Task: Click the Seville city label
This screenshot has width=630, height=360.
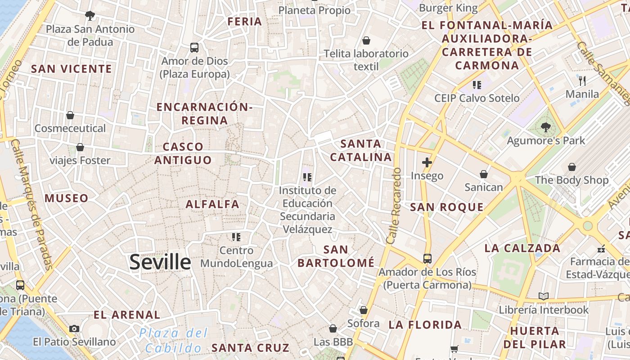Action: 160,262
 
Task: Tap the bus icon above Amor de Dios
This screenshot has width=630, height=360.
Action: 194,47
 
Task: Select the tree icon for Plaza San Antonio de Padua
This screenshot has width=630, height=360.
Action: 90,16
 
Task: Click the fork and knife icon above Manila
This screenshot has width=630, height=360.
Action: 582,81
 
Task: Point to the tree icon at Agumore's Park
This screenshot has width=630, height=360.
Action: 546,127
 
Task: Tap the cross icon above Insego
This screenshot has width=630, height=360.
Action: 427,162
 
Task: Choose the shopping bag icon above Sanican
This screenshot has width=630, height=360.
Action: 484,174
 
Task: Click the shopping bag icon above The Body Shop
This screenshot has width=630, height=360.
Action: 571,167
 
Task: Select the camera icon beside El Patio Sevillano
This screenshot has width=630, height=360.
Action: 74,329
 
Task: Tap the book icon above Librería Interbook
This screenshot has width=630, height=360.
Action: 544,296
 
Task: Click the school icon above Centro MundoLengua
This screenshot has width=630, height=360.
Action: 236,237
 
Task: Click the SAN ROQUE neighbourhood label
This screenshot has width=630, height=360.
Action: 446,207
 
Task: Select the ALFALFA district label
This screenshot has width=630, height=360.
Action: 212,204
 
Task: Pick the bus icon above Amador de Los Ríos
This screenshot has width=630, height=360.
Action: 427,259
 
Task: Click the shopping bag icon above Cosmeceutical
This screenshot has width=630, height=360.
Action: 70,115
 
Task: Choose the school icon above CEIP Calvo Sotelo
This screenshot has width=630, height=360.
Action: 477,85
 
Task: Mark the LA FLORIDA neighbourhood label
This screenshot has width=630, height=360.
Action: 425,325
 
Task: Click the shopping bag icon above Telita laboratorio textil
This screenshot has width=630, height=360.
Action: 366,40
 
